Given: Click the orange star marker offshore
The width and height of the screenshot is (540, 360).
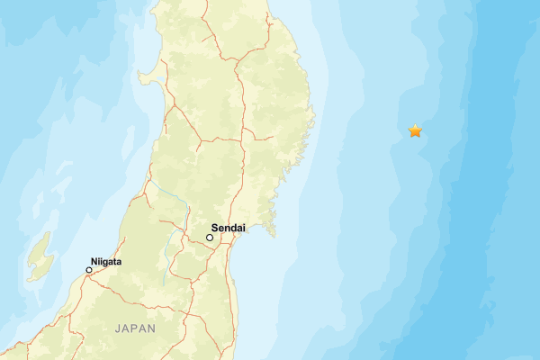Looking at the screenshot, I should tap(415, 131).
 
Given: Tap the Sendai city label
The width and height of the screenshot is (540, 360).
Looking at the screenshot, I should tap(229, 229).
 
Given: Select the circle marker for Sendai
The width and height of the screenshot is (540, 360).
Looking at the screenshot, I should tap(210, 238).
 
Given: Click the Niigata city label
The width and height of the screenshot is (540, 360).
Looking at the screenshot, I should tap(106, 262).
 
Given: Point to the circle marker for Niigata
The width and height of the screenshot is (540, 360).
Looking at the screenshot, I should tap(89, 270).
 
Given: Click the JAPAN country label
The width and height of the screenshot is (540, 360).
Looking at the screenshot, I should tap(135, 328).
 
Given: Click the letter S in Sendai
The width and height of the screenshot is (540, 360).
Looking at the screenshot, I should tap(214, 229).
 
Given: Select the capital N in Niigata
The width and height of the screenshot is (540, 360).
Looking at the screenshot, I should tap(94, 262).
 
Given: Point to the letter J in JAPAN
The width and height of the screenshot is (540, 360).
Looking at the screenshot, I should tap(117, 328).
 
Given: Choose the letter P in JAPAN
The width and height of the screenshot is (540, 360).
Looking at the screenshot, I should tap(135, 328).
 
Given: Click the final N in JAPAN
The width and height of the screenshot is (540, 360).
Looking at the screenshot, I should tap(152, 328).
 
